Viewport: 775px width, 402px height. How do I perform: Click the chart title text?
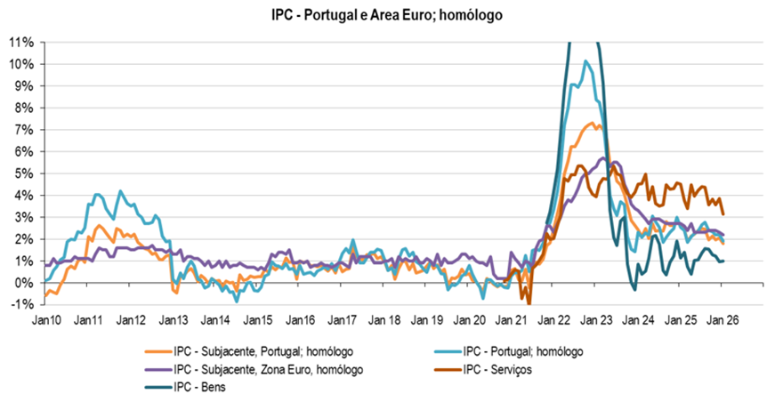coord(387,16)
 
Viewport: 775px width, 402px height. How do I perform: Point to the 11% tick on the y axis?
coord(21,43)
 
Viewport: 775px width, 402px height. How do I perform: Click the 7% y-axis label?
coord(24,130)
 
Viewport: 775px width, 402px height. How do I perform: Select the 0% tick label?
coord(24,283)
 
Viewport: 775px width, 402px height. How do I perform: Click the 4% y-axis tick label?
coord(24,196)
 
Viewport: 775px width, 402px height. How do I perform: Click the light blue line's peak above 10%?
coord(585,61)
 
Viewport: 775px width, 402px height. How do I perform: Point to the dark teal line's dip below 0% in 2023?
coord(634,288)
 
